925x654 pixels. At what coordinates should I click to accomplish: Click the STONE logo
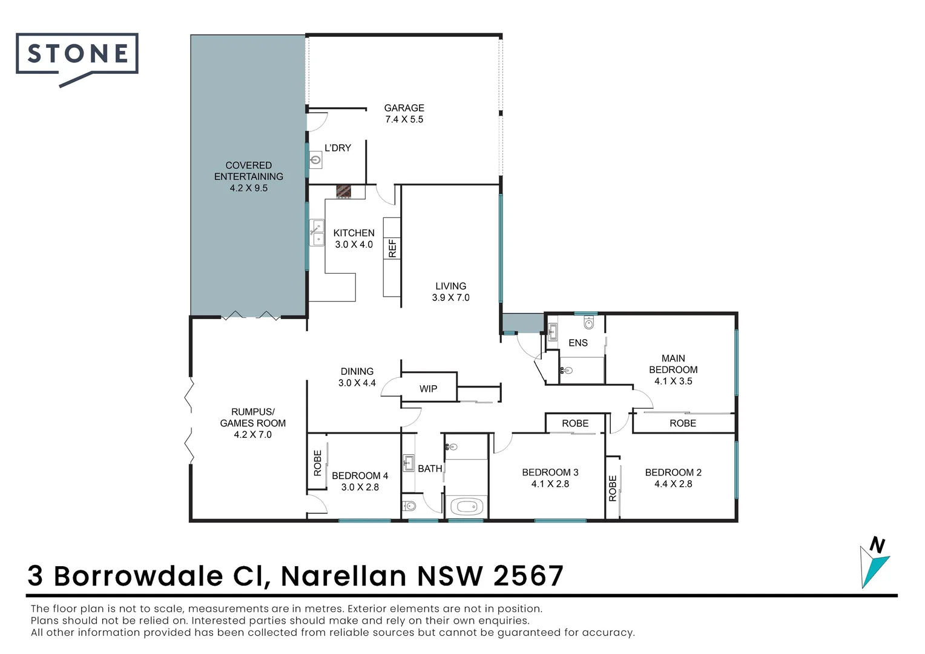(77, 54)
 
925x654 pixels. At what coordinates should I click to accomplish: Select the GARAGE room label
(404, 108)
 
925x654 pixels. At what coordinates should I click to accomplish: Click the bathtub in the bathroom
(466, 506)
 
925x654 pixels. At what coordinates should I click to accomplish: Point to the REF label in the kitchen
(392, 248)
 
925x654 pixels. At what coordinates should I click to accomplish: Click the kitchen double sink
(317, 233)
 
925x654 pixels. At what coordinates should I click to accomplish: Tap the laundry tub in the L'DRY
(315, 160)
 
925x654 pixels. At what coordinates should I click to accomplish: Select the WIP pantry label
(428, 389)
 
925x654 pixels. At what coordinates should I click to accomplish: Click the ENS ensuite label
(578, 343)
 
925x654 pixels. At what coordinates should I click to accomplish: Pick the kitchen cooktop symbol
(344, 191)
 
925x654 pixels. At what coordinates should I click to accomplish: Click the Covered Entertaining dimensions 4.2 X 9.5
(248, 188)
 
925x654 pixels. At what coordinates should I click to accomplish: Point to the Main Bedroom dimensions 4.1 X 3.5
(673, 381)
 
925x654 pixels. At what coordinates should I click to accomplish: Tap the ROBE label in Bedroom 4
(318, 463)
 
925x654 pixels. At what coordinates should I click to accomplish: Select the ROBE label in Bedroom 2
(612, 488)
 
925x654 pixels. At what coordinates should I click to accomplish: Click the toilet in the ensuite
(589, 323)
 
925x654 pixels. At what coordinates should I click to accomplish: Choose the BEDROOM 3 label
(550, 472)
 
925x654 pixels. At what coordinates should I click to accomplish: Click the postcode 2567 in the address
(528, 576)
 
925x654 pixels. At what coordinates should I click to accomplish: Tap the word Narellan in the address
(343, 576)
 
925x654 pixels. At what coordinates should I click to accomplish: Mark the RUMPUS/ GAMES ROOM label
(252, 417)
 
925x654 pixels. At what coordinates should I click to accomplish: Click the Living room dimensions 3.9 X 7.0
(450, 298)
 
